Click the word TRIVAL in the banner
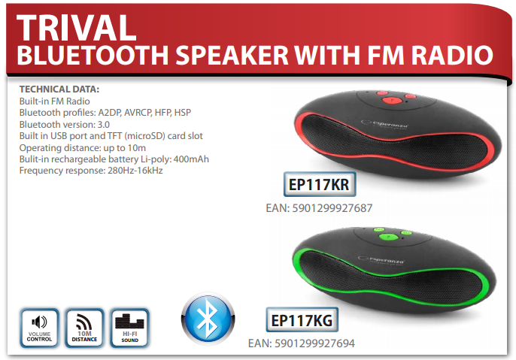[77, 28]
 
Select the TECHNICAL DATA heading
[59, 89]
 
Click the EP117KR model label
[320, 184]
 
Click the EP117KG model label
[302, 320]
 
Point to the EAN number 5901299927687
[332, 208]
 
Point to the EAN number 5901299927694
[314, 343]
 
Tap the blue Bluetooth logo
[208, 319]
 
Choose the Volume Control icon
[39, 328]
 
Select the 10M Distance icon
[84, 328]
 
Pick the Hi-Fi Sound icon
[129, 328]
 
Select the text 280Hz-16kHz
[135, 171]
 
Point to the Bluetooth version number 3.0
[104, 125]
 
